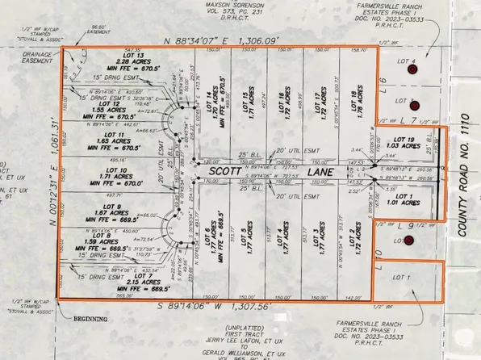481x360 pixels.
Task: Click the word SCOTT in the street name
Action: point(225,172)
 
